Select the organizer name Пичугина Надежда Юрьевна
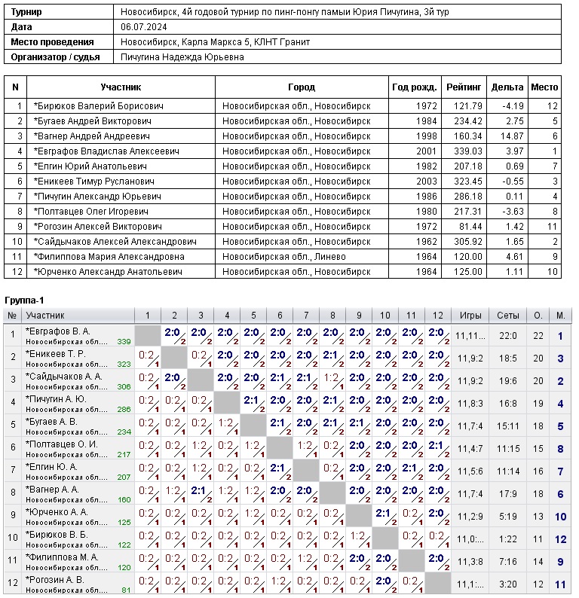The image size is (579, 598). click(182, 57)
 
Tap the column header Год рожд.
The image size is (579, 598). click(413, 87)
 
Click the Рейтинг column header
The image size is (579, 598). click(464, 87)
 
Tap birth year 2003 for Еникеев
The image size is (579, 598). click(426, 182)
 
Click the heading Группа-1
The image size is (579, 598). click(23, 301)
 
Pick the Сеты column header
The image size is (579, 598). click(503, 316)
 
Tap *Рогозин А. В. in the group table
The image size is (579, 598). click(55, 580)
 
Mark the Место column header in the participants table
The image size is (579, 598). click(544, 87)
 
